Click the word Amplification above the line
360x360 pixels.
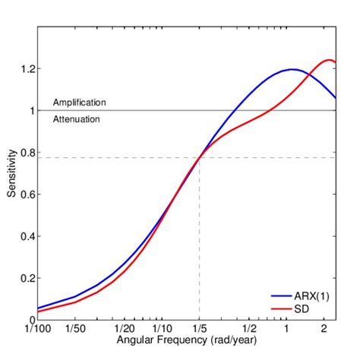click(79, 102)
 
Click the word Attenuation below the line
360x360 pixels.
click(76, 119)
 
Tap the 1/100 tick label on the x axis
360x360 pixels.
click(37, 329)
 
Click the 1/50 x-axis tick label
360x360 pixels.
click(74, 329)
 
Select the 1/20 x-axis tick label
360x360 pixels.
click(125, 329)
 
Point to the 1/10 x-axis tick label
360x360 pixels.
click(161, 329)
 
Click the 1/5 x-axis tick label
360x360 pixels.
click(199, 329)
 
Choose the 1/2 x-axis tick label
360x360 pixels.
click(249, 329)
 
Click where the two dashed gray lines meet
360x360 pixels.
click(199, 157)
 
